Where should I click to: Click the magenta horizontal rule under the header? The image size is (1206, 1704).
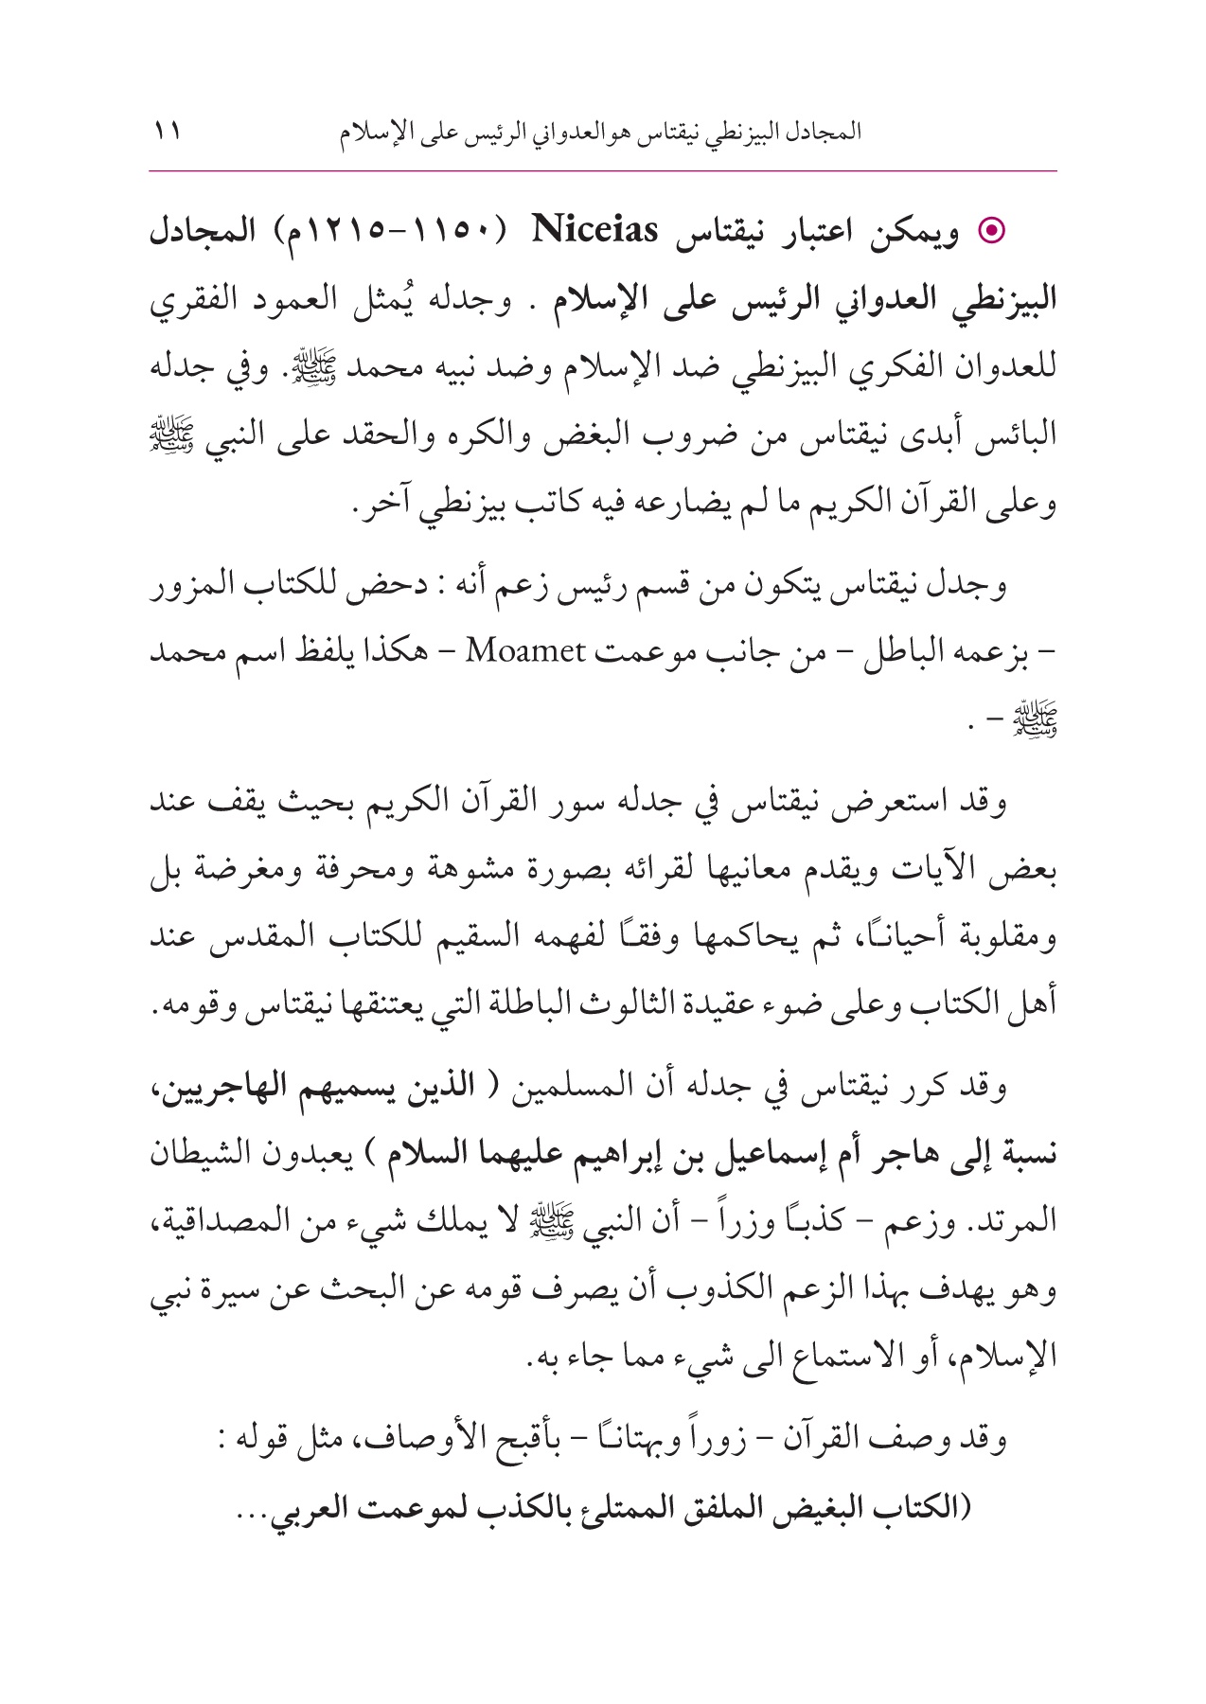602,171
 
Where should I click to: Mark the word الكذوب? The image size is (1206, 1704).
637,1287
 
